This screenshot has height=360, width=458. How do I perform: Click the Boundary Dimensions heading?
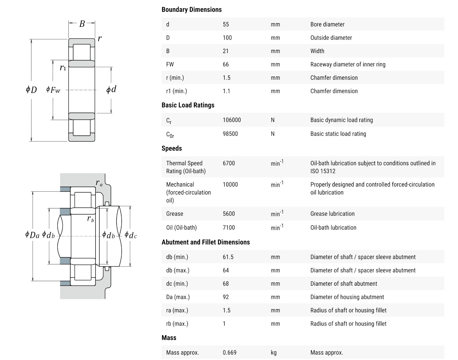pos(191,10)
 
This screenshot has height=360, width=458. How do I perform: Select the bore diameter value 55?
pos(226,24)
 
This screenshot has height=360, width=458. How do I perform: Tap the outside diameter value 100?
pos(227,38)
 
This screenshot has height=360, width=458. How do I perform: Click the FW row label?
pos(170,64)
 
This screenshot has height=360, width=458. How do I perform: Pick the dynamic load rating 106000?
pos(232,120)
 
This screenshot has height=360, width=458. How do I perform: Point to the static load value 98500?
pos(230,134)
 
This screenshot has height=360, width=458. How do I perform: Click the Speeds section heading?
pos(172,149)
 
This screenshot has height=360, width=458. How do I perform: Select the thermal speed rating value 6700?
pos(229,163)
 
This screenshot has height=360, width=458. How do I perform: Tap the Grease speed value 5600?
pos(229,214)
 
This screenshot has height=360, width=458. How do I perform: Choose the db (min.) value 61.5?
pos(228,257)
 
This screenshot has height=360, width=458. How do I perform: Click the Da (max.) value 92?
pos(226,297)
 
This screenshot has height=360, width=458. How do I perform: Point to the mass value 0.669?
pos(230,353)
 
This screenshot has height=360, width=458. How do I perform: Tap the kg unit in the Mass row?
pos(274,353)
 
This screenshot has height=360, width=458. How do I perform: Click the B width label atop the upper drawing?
pos(82,24)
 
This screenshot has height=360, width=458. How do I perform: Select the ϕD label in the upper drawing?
pos(31,90)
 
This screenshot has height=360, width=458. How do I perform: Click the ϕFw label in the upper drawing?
pos(53,90)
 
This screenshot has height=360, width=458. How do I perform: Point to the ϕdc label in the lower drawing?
pos(131,235)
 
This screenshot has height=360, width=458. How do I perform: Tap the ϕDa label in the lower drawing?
pos(32,235)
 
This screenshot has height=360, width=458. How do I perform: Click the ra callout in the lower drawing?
pos(99,183)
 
